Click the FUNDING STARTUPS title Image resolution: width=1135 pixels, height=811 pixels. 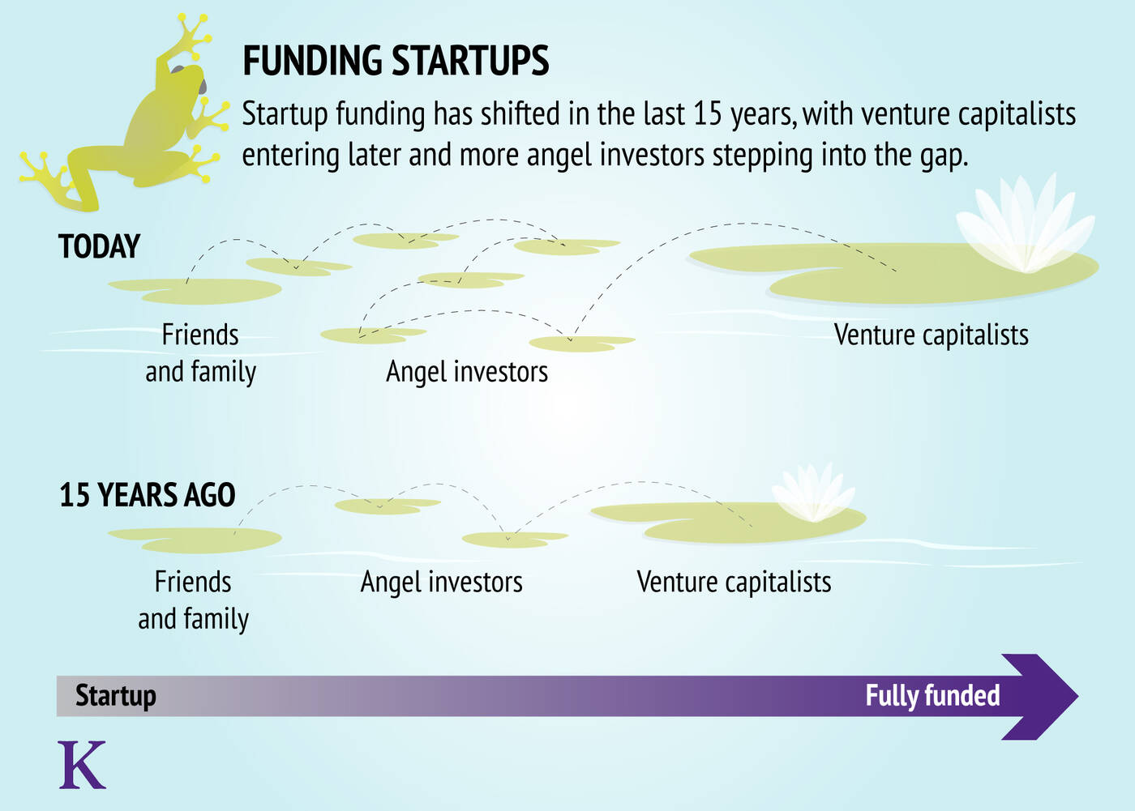point(396,60)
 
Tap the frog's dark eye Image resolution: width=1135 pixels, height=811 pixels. point(202,87)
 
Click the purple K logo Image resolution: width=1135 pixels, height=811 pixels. point(82,765)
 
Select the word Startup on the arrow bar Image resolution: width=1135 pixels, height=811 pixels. point(115,696)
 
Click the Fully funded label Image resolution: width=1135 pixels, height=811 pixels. point(932,696)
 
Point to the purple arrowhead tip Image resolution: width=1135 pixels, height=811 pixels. point(1077,697)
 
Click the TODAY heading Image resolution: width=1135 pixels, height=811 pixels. point(99,246)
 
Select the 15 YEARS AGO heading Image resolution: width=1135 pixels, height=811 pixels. point(148,494)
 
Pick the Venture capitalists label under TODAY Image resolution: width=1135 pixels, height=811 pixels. point(932,335)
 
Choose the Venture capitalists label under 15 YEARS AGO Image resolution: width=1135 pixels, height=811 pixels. point(735,582)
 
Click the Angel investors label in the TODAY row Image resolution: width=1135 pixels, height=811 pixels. point(467,372)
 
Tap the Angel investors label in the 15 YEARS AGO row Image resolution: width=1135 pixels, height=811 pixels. point(442,583)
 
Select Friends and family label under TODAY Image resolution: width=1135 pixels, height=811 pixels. point(201,353)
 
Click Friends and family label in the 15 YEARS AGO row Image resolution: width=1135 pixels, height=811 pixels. point(194,600)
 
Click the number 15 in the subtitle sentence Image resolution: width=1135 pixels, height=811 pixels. point(707,114)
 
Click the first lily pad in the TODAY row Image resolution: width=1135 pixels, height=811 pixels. point(195,291)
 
